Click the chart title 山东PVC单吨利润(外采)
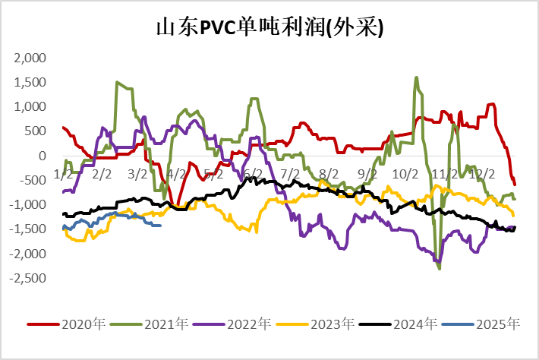(269, 28)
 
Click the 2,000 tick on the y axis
(30, 58)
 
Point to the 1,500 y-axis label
(30, 82)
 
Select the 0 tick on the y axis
(43, 156)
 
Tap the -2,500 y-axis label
(27, 279)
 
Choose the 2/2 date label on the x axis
(101, 173)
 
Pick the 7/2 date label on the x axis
(290, 173)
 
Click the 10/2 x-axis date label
(405, 173)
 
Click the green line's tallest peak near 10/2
(417, 77)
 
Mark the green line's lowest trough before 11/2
(440, 268)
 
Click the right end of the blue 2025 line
(159, 225)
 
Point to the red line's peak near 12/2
(492, 104)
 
